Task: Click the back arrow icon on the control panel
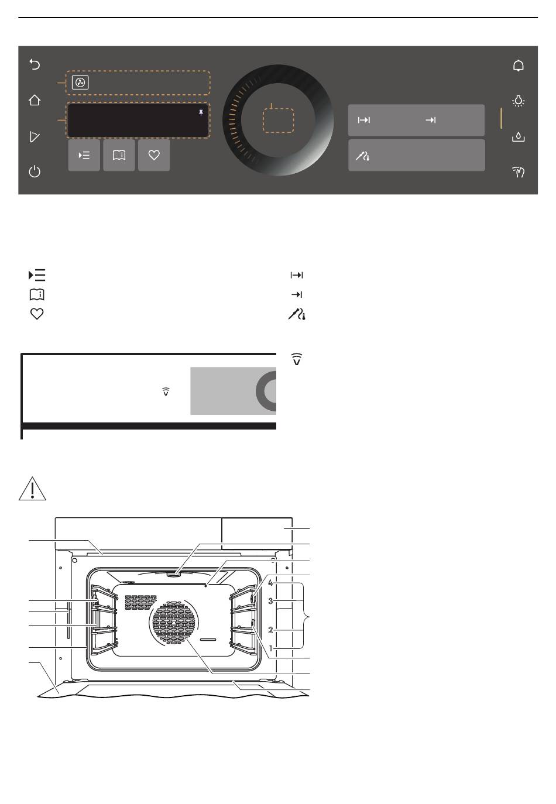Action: coord(35,64)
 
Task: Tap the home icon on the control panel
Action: coord(35,100)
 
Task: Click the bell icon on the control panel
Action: coord(518,66)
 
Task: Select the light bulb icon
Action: coord(518,101)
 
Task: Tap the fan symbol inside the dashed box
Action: coord(80,83)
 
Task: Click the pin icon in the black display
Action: coord(201,113)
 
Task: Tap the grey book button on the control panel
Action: coord(119,155)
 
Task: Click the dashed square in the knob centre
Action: coord(279,120)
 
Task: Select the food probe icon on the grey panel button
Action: coord(362,156)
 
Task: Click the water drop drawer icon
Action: coord(518,137)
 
